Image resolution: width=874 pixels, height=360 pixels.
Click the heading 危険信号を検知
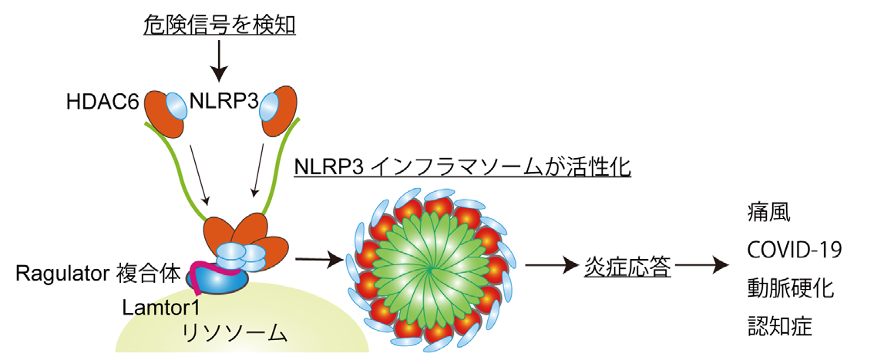220,24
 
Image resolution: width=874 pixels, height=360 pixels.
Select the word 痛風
768,210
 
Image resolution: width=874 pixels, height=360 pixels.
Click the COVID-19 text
794,250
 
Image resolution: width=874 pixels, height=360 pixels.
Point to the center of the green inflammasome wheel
429,266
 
